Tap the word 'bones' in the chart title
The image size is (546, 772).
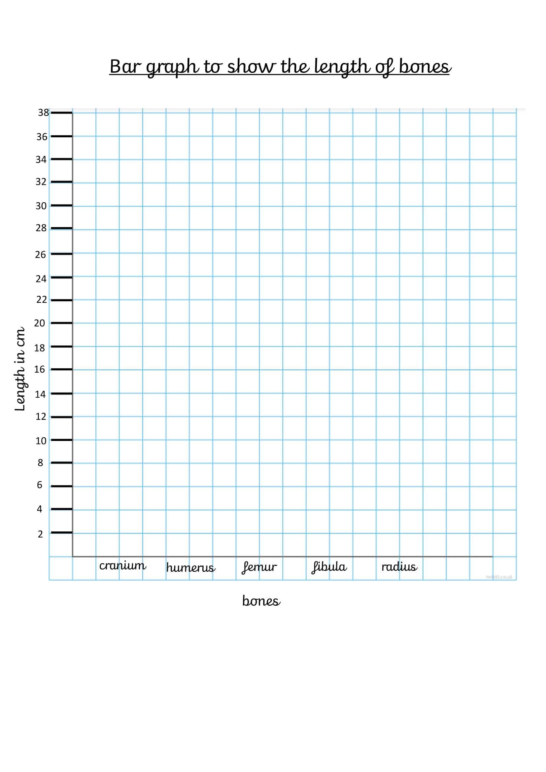click(x=425, y=67)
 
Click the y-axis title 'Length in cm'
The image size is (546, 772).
click(x=20, y=369)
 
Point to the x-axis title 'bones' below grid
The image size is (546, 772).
click(x=261, y=601)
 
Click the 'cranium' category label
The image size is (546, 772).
click(x=122, y=566)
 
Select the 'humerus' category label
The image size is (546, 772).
click(x=190, y=568)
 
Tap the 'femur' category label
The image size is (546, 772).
click(x=259, y=567)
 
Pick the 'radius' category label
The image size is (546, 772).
click(x=399, y=567)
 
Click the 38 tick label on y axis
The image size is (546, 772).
click(x=43, y=113)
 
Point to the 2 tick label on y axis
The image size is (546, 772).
click(x=40, y=534)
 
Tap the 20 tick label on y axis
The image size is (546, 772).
click(x=39, y=323)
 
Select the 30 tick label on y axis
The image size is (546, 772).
click(x=41, y=206)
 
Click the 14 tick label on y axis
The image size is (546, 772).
click(x=40, y=394)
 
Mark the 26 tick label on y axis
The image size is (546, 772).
click(x=40, y=254)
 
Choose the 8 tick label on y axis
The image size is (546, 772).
click(x=40, y=463)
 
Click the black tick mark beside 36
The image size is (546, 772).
click(x=61, y=136)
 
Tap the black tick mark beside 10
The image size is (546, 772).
click(x=61, y=440)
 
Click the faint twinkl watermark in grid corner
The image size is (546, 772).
click(x=499, y=577)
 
